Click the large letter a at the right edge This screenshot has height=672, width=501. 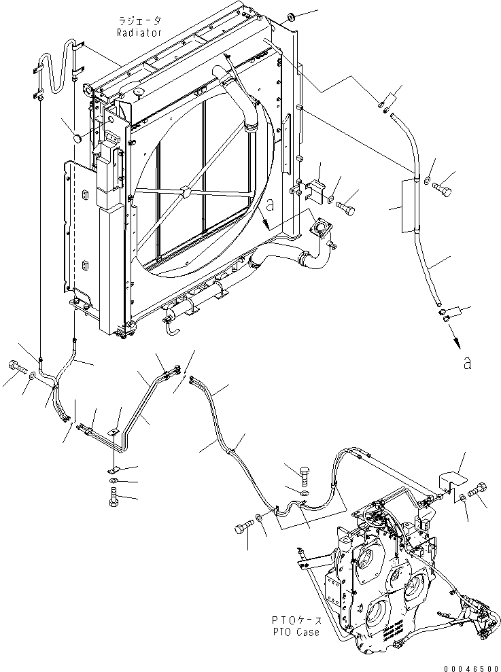tap(466, 363)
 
